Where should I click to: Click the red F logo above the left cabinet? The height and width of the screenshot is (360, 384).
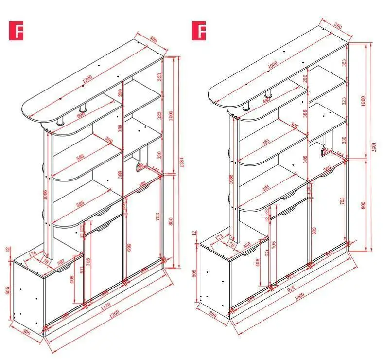point(16,31)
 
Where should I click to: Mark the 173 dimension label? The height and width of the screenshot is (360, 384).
point(218,237)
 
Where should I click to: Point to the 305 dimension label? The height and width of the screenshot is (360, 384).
point(328,168)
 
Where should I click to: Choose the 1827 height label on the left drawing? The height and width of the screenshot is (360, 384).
point(181,162)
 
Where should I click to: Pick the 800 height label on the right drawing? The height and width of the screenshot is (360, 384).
point(363,204)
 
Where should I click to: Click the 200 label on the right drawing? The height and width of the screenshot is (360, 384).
point(305,78)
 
